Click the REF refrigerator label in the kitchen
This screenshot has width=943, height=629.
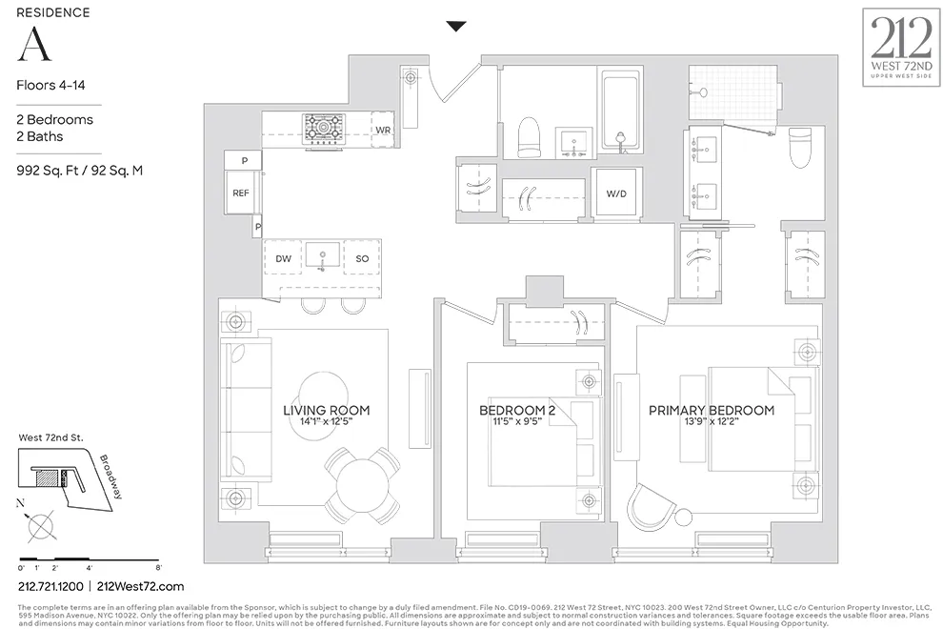click(240, 193)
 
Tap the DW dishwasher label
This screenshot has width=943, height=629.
click(283, 258)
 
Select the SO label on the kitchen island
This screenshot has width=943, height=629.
click(362, 258)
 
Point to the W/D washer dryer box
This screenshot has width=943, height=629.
click(616, 193)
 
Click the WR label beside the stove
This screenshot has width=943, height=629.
click(383, 129)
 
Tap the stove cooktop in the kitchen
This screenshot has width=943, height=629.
click(324, 127)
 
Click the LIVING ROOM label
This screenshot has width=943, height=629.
click(326, 411)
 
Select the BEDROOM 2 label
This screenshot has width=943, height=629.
click(518, 411)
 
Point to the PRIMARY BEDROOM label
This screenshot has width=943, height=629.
click(711, 411)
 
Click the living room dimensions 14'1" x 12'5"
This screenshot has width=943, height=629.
click(326, 422)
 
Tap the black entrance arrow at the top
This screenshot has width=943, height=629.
click(456, 27)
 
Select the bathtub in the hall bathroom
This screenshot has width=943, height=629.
click(623, 112)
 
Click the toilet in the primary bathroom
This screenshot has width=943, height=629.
click(800, 147)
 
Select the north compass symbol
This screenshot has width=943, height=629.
click(41, 525)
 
